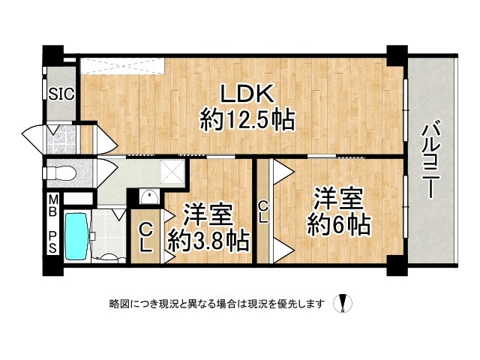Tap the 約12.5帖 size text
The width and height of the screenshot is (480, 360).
246,119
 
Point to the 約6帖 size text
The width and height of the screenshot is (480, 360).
339,223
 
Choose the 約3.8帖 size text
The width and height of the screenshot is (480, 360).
208,240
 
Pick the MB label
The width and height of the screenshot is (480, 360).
52,205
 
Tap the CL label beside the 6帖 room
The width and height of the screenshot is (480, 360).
263,211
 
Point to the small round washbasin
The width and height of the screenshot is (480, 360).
149,197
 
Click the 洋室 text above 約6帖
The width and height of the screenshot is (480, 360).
338,199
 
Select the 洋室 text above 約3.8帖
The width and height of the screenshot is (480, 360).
208,215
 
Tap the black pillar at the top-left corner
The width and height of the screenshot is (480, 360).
52,56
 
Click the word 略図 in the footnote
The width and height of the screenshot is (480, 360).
119,304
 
